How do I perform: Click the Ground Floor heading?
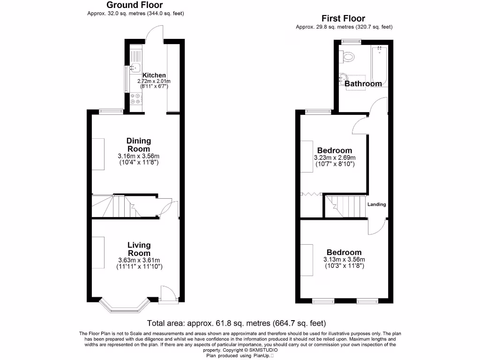pyautogui.click(x=135, y=5)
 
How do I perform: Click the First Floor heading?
pyautogui.click(x=343, y=19)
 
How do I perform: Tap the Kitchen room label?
pyautogui.click(x=154, y=75)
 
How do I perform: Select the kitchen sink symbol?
pyautogui.click(x=135, y=67)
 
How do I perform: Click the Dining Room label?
pyautogui.click(x=139, y=145)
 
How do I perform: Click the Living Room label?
pyautogui.click(x=139, y=249)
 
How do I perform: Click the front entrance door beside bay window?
pyautogui.click(x=166, y=294)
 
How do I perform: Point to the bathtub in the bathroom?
pyautogui.click(x=379, y=66)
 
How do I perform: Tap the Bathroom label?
pyautogui.click(x=363, y=84)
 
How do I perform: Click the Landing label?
pyautogui.click(x=376, y=204)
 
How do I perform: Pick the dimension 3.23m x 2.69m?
pyautogui.click(x=334, y=157)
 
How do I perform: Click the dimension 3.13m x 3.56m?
pyautogui.click(x=344, y=260)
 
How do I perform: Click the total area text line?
pyautogui.click(x=236, y=323)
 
